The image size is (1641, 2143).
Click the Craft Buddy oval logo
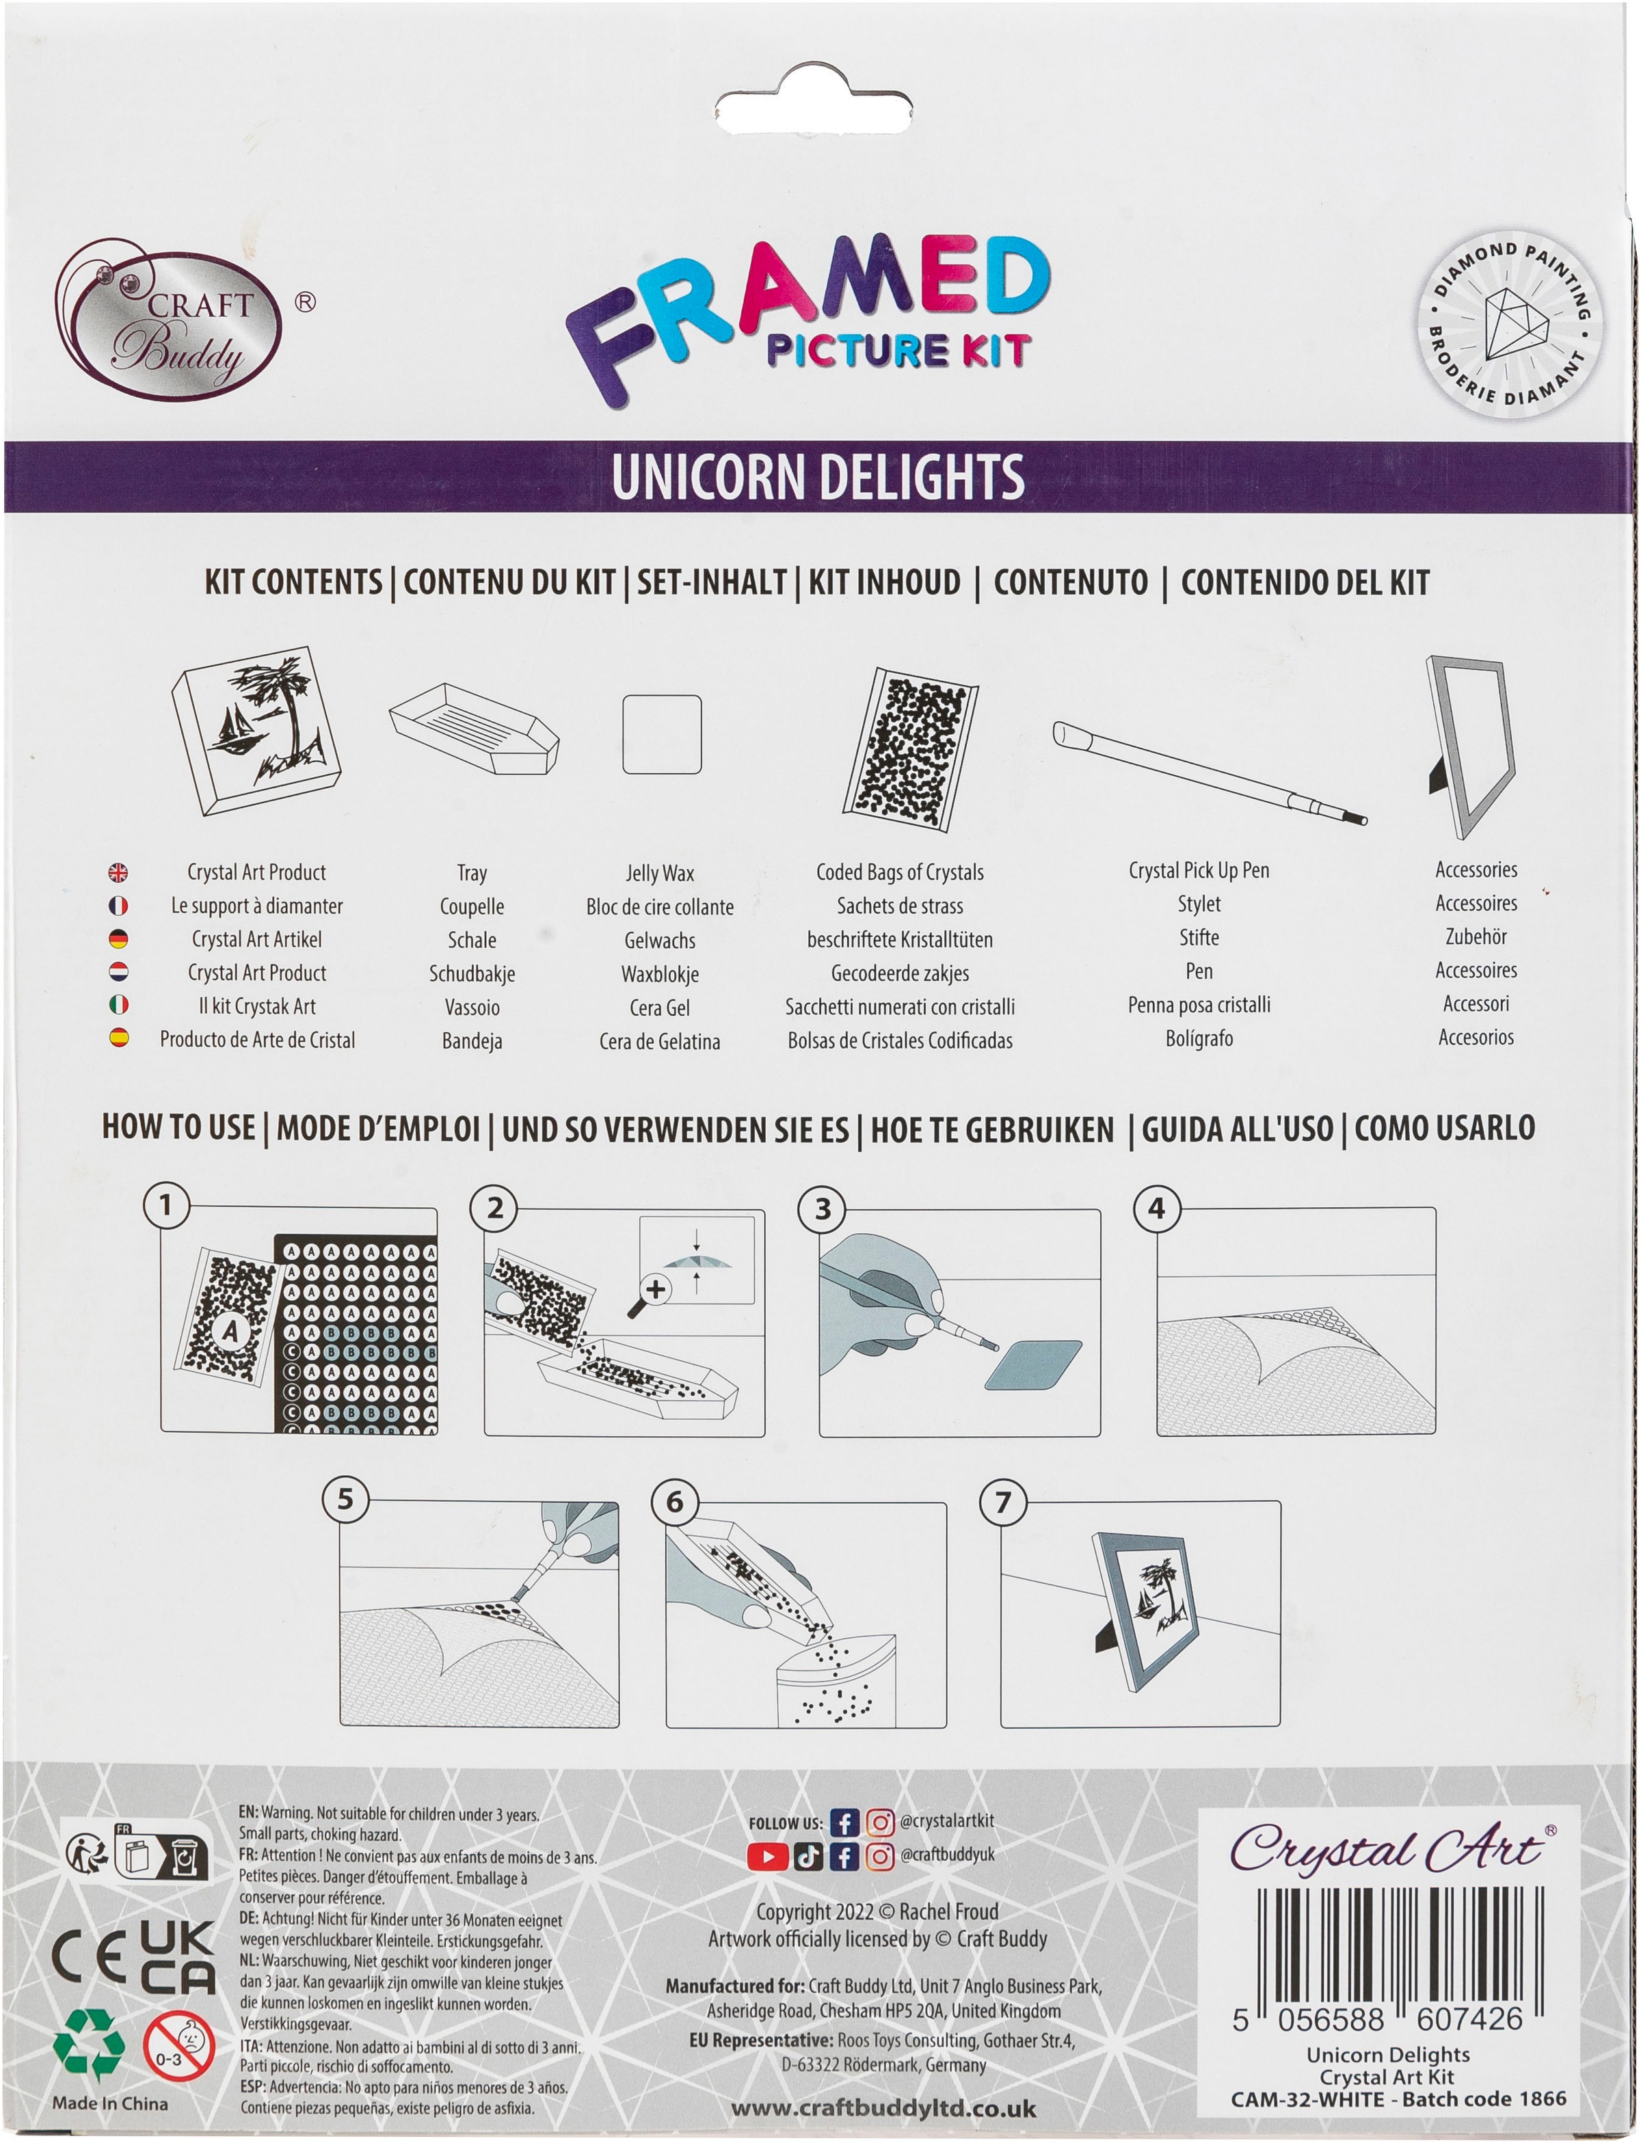coord(168,320)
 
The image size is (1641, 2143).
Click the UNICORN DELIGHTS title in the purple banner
coord(818,476)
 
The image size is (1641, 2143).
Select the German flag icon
coord(118,939)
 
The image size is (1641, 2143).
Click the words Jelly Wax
coord(661,873)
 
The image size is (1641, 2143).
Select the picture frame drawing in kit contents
coord(1471,747)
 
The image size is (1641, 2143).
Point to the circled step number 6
coord(675,1502)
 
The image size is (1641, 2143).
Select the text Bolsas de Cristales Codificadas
coord(900,1041)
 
